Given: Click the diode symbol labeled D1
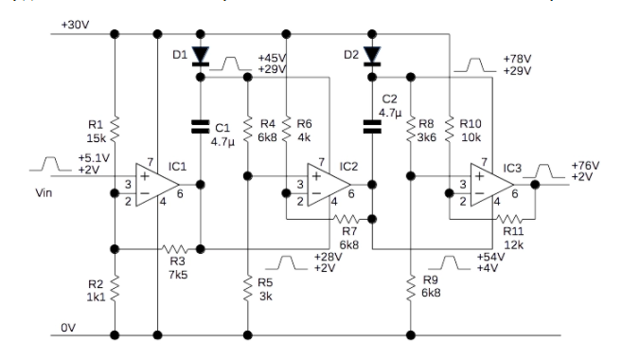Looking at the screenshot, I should pyautogui.click(x=200, y=56).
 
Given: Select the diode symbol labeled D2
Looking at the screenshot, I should pyautogui.click(x=372, y=56).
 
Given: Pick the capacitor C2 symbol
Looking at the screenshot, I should pyautogui.click(x=372, y=123).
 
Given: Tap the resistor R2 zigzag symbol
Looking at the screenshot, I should pyautogui.click(x=114, y=286).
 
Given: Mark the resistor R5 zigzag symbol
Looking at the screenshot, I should pyautogui.click(x=247, y=286).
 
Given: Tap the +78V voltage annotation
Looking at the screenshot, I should pyautogui.click(x=515, y=59).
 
